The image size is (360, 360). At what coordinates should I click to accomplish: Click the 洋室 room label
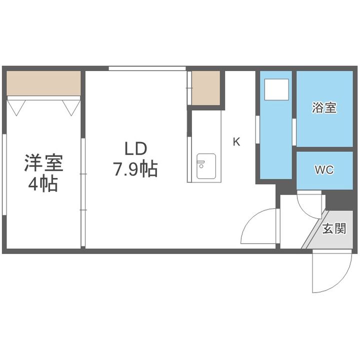43,163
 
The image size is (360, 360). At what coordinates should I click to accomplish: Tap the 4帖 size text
43,184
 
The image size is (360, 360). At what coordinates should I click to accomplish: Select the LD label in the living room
135,148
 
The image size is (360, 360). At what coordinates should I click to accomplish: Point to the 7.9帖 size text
135,169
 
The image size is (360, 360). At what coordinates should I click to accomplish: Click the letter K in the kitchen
236,141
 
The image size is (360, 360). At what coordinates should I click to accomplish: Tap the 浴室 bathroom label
324,107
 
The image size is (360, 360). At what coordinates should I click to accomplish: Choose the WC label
324,170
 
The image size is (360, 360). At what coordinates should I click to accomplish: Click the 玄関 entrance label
334,228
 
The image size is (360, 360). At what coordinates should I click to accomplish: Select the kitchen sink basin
206,166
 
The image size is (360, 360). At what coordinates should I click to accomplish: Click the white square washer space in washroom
276,89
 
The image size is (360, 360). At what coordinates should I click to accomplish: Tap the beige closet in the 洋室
43,83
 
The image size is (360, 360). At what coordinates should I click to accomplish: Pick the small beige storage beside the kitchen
206,88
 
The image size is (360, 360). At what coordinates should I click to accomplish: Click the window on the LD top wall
147,68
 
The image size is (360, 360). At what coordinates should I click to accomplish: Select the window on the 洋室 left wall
4,174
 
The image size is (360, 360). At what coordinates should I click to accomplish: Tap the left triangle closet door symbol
16,107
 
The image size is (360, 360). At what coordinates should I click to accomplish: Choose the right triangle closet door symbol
71,107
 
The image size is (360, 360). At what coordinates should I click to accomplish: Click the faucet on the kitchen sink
200,164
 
